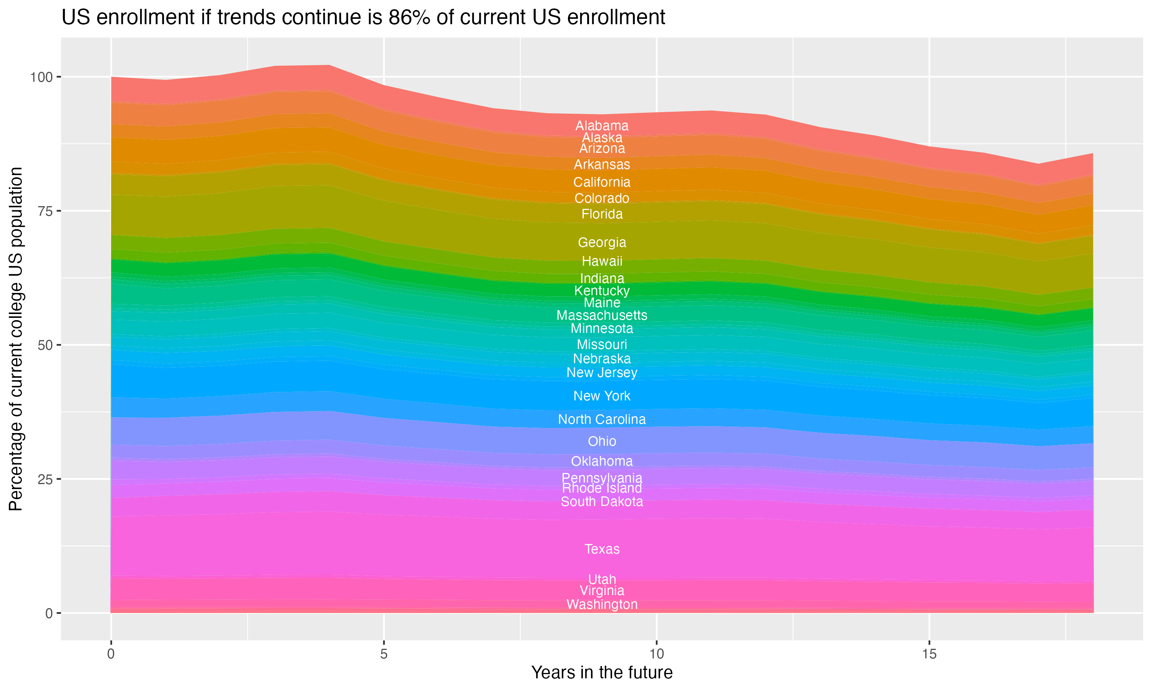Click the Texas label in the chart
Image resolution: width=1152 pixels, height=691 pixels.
tap(602, 549)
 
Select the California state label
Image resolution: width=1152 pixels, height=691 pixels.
tap(602, 182)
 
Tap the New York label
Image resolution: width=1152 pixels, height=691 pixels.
tap(602, 396)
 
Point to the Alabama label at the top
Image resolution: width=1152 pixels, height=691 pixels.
tap(602, 126)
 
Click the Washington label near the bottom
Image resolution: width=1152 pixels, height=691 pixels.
tap(602, 604)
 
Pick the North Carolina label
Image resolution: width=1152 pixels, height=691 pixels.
tap(602, 419)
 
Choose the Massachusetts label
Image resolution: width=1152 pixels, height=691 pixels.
tap(602, 315)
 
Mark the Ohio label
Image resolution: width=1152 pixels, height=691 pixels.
tap(602, 441)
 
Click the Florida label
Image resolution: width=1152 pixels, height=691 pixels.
tap(602, 214)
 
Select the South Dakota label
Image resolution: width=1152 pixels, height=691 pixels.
tap(602, 501)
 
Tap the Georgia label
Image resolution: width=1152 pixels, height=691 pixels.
tap(602, 242)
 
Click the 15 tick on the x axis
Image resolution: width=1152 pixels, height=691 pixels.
tap(929, 654)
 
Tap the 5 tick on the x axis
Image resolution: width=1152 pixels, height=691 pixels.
tap(384, 654)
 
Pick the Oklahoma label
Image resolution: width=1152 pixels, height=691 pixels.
tap(602, 461)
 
